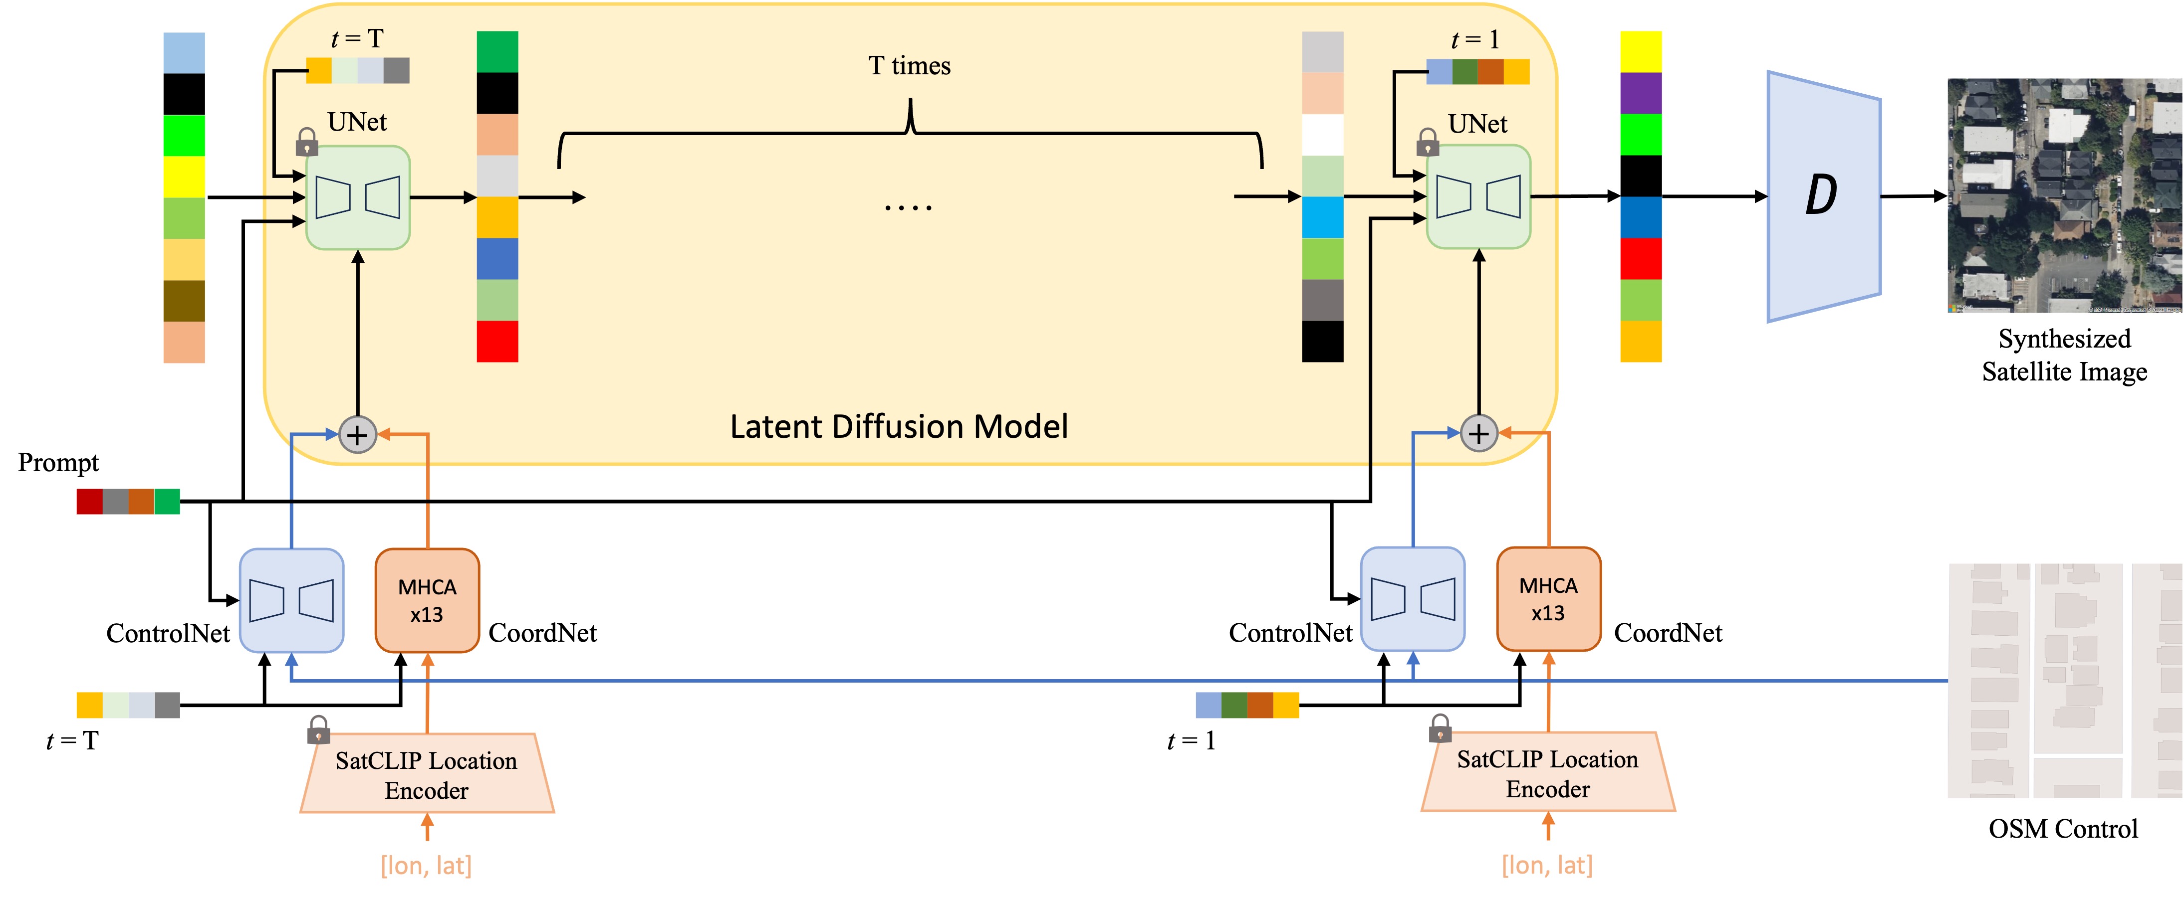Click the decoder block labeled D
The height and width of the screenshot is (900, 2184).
pyautogui.click(x=1824, y=196)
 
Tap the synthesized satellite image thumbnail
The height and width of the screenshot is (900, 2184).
pyautogui.click(x=2064, y=196)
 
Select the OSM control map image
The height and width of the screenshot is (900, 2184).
pyautogui.click(x=2064, y=681)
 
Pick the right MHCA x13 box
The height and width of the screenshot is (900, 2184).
pyautogui.click(x=1548, y=599)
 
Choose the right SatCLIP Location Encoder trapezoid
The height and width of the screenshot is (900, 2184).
pyautogui.click(x=1548, y=772)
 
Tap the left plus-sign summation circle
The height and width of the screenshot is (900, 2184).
pyautogui.click(x=358, y=435)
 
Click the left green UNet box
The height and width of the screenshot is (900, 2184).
pyautogui.click(x=358, y=197)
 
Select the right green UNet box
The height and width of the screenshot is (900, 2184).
pyautogui.click(x=1478, y=196)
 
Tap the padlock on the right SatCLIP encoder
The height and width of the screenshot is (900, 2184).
pyautogui.click(x=1440, y=727)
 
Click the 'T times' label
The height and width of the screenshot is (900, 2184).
pyautogui.click(x=910, y=66)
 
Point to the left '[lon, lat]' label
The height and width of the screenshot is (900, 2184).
pyautogui.click(x=427, y=865)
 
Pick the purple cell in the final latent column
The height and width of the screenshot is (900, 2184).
pyautogui.click(x=1641, y=93)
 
